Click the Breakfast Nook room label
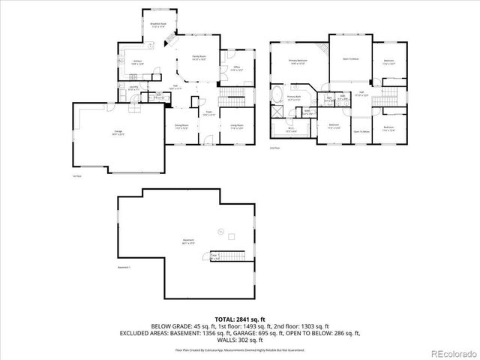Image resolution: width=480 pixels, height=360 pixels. coord(157,25)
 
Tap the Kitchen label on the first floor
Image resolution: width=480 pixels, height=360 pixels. coord(138,62)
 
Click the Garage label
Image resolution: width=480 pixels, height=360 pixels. coord(118,133)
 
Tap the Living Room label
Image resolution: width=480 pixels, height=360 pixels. coord(238,126)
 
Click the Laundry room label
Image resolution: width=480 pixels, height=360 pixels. coord(133,89)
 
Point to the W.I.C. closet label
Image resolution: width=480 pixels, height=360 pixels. coord(291,129)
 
